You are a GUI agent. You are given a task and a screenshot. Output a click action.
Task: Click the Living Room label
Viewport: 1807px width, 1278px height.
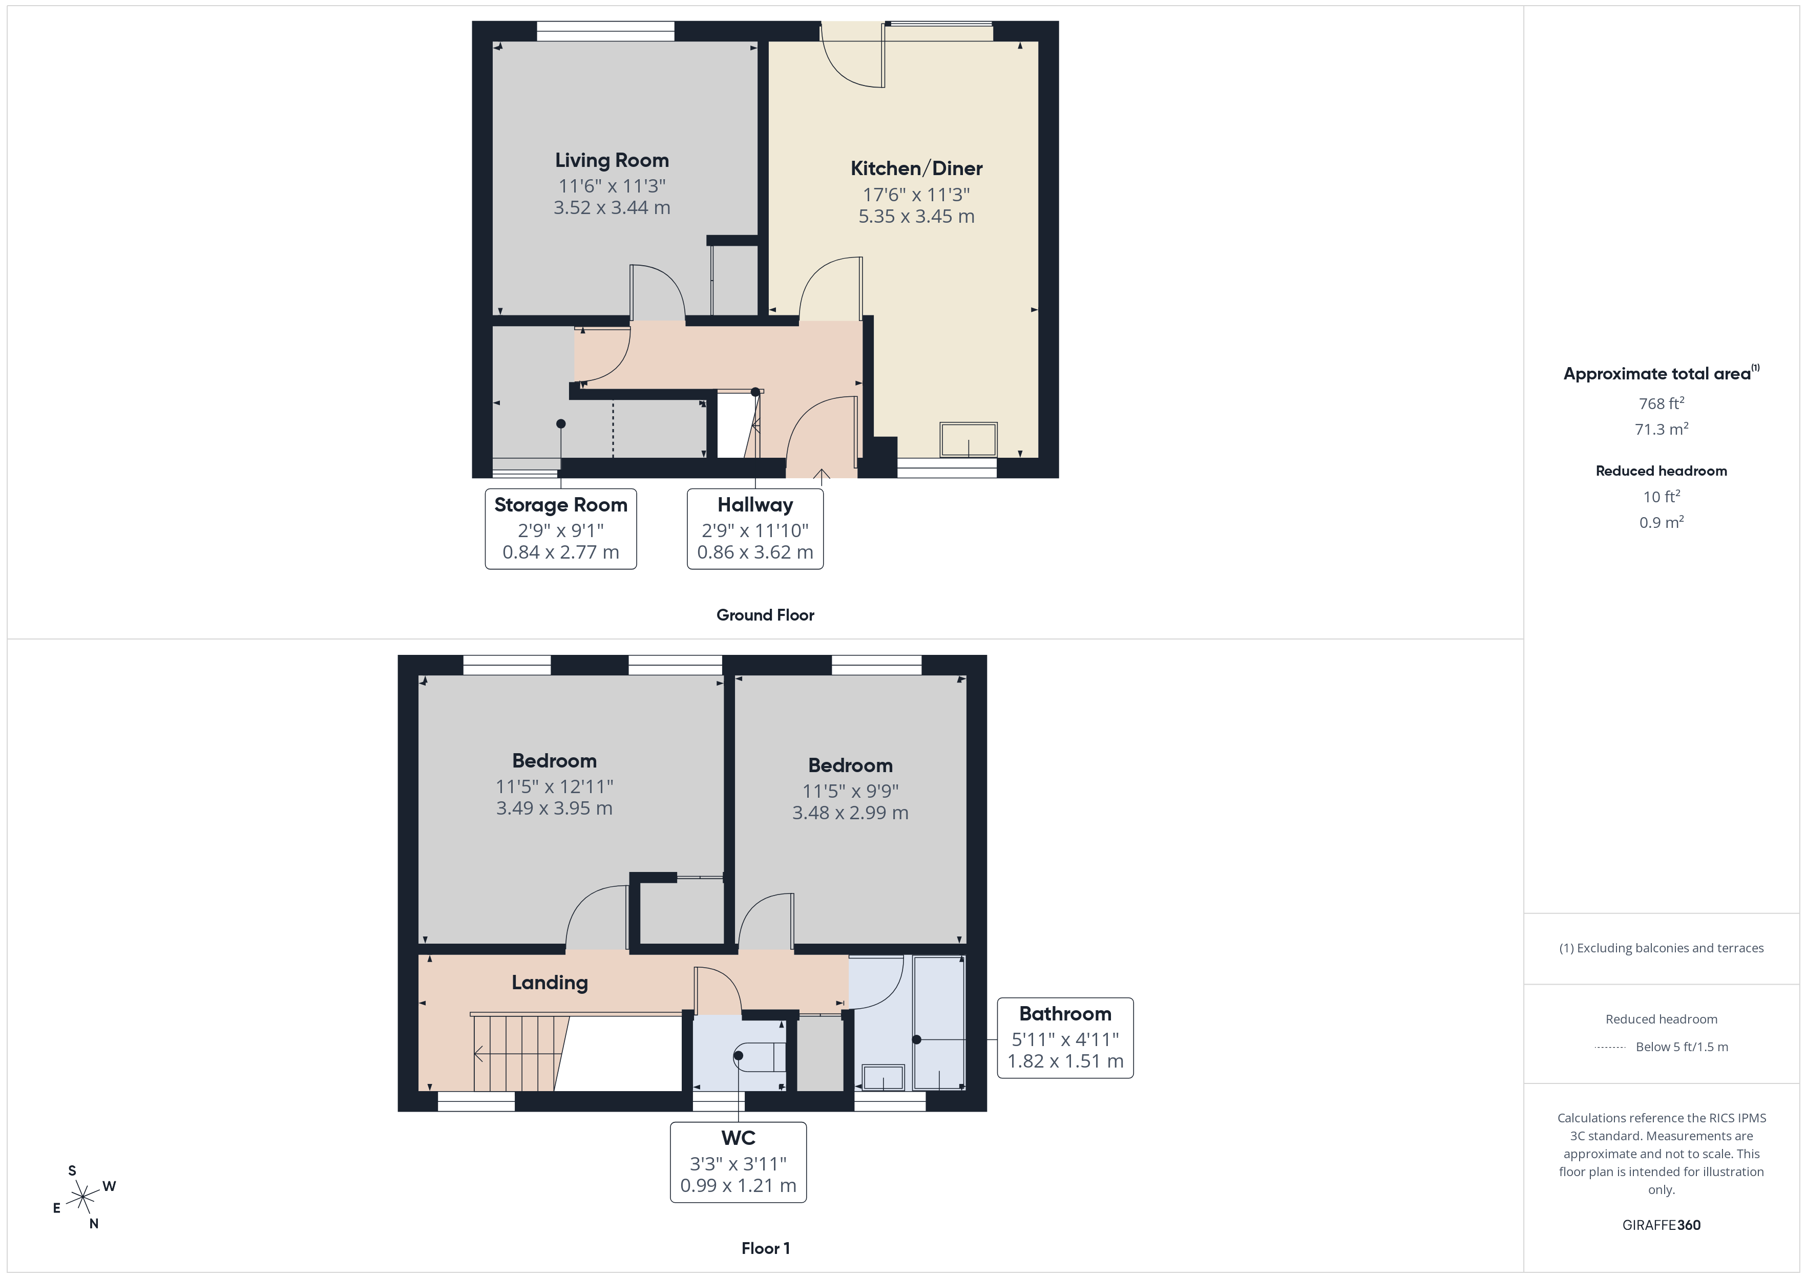pos(612,161)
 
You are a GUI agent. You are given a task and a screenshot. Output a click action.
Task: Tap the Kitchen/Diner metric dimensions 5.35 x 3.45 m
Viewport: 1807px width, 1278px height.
pos(916,217)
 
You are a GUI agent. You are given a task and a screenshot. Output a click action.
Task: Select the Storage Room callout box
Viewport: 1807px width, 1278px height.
pos(560,529)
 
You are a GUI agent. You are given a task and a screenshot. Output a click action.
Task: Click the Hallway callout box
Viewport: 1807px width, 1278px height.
pos(755,529)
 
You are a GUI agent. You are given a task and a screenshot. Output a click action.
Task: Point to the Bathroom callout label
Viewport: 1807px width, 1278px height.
pos(1065,1014)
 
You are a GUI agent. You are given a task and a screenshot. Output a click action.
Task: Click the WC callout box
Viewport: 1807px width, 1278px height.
pos(738,1162)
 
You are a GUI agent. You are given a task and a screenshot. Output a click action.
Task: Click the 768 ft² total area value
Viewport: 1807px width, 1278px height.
pos(1661,403)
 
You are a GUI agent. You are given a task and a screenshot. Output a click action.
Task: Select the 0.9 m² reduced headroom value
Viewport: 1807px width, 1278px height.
pos(1661,523)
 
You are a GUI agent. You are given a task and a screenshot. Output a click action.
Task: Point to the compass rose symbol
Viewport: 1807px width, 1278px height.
pos(82,1198)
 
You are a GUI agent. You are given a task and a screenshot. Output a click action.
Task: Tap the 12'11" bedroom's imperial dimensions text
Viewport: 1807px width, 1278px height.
pos(554,786)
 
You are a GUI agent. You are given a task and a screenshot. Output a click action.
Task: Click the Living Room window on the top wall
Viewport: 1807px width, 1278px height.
pos(605,31)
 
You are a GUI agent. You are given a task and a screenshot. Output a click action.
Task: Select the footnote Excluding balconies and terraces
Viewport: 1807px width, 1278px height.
pos(1661,948)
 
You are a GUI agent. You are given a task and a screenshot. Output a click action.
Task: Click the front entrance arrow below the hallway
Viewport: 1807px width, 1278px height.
pos(821,475)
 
